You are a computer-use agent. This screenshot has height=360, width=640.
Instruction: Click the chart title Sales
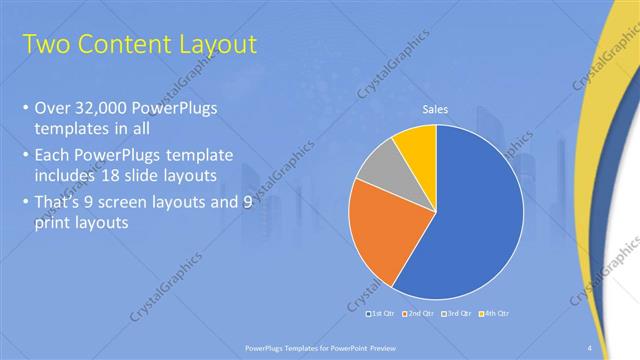click(x=435, y=109)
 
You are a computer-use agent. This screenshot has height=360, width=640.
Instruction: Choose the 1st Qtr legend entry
click(x=383, y=314)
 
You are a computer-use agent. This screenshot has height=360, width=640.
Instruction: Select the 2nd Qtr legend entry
click(x=417, y=314)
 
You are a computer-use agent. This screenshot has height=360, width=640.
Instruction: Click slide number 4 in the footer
click(x=590, y=347)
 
